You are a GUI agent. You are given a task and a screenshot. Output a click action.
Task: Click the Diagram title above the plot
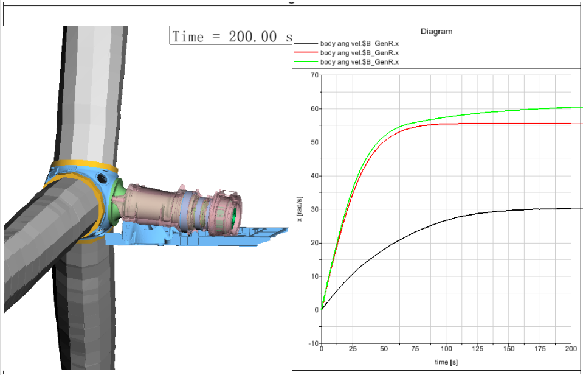(x=436, y=32)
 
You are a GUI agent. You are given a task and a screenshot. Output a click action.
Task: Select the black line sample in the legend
(x=306, y=44)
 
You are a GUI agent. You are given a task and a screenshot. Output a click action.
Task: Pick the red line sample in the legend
(x=306, y=52)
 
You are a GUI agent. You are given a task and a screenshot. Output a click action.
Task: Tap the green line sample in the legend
(x=306, y=61)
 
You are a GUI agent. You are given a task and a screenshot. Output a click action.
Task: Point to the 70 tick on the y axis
(x=314, y=75)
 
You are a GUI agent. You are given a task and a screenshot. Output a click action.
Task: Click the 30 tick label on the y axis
(x=314, y=209)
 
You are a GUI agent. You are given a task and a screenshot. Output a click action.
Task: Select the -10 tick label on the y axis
(x=314, y=343)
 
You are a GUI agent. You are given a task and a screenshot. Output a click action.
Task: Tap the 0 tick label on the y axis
(x=316, y=310)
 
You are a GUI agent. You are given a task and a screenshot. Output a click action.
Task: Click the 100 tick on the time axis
(x=446, y=349)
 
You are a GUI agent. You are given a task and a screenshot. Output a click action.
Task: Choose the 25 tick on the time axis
(x=353, y=349)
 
